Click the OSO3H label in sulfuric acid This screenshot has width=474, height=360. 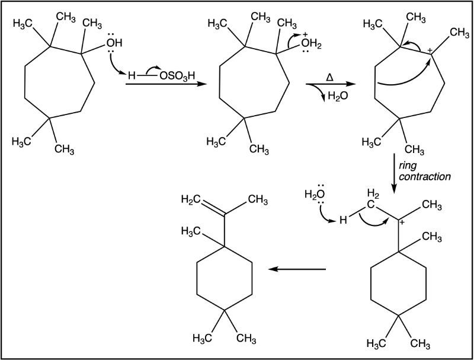click(177, 75)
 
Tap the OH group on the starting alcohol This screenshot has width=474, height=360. click(114, 43)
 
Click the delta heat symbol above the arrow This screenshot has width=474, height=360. click(330, 78)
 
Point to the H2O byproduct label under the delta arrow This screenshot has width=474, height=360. click(338, 96)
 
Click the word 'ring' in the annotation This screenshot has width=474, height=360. click(408, 166)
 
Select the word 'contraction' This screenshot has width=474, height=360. click(425, 176)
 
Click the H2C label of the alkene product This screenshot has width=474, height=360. click(191, 199)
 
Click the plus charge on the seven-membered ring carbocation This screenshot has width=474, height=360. click(431, 50)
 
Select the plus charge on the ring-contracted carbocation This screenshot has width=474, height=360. click(403, 222)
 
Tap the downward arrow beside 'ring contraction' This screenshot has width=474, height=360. click(394, 174)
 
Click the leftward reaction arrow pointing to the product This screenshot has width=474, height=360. click(297, 269)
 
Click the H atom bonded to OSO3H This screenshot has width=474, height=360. click(131, 75)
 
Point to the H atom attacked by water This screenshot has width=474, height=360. click(343, 220)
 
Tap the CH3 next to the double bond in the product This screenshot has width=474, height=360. click(258, 200)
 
